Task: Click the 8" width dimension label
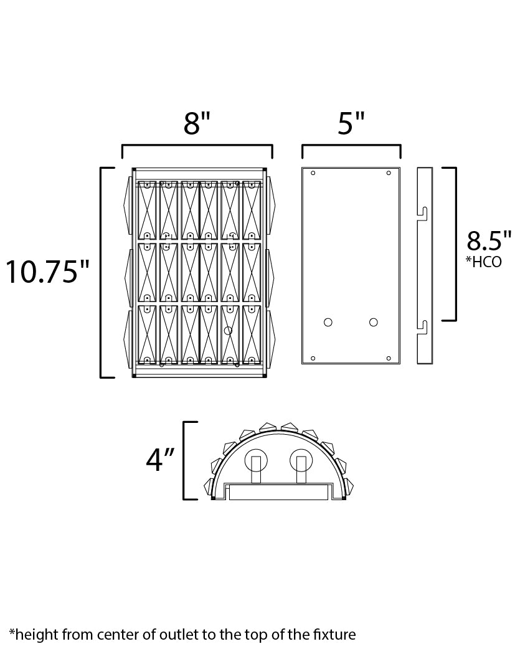coord(197,124)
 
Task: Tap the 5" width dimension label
coord(351,124)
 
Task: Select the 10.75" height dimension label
coord(48,273)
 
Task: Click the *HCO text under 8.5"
coord(483,262)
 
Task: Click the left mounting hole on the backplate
coord(328,322)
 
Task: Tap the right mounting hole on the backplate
coord(373,322)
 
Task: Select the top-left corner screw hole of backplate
coord(313,173)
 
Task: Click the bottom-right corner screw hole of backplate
coord(389,358)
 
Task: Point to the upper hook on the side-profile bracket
coord(422,212)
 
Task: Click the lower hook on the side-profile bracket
coord(422,326)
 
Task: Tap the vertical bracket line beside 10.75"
coord(102,273)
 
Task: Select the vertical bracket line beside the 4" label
coord(184,461)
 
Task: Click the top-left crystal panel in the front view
coord(146,210)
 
